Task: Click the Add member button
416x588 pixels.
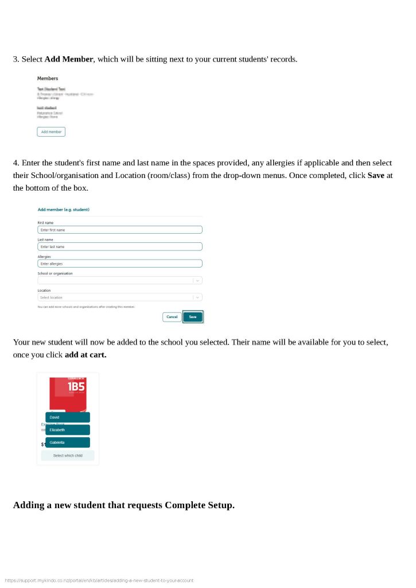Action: [x=51, y=132]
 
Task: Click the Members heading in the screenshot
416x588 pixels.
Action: [x=48, y=78]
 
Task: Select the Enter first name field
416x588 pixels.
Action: [x=119, y=230]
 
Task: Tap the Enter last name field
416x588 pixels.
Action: [x=119, y=246]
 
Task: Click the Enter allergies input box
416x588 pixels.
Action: [x=119, y=264]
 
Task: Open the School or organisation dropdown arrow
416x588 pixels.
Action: [x=197, y=281]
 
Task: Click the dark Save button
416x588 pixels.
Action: [x=193, y=317]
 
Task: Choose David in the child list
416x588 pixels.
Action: [x=67, y=417]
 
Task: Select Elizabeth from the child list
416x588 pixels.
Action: [x=67, y=430]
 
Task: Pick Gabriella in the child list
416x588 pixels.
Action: [x=67, y=443]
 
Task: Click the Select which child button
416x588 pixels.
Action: [x=68, y=456]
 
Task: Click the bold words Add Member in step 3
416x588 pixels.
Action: [x=69, y=59]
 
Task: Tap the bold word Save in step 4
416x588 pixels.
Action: [x=376, y=175]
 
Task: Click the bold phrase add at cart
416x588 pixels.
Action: [x=85, y=355]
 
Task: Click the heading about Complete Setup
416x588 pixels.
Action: [x=124, y=505]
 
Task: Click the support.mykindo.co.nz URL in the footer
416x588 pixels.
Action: [x=99, y=581]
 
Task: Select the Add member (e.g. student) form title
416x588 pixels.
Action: [x=64, y=210]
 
